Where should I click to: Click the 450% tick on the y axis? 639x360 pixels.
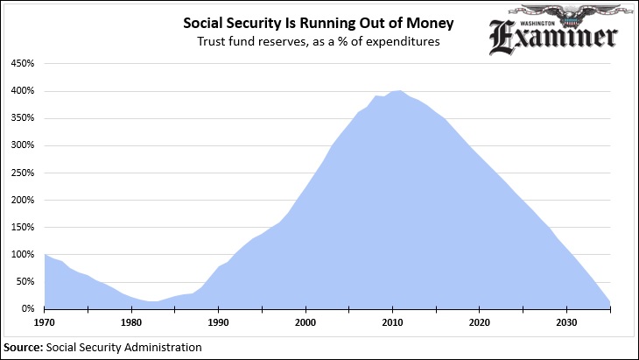click(x=23, y=64)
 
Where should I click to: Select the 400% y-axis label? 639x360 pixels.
click(x=23, y=91)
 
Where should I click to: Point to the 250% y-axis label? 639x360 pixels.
click(x=23, y=173)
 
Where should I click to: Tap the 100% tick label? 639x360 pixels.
click(x=23, y=255)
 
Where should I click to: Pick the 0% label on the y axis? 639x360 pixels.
click(x=27, y=309)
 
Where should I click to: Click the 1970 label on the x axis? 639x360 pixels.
click(x=45, y=321)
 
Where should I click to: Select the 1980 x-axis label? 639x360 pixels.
click(x=131, y=321)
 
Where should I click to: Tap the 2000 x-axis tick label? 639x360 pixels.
click(x=305, y=321)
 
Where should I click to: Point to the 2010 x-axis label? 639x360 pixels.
click(x=392, y=321)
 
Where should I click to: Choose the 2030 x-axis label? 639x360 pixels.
click(x=566, y=321)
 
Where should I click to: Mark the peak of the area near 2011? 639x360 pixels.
click(x=400, y=90)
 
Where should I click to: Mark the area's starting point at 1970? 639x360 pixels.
click(x=45, y=254)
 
